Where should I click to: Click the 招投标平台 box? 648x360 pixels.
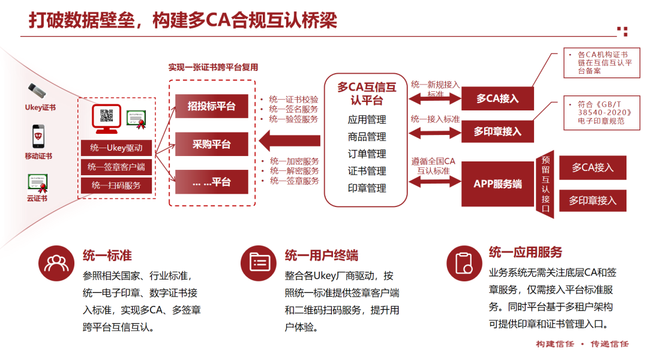[x=212, y=106]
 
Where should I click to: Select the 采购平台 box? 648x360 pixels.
[x=212, y=144]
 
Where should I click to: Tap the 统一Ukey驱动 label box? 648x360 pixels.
[x=116, y=148]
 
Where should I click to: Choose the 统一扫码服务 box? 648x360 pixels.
[x=116, y=185]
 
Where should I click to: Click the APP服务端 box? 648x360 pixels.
[x=497, y=184]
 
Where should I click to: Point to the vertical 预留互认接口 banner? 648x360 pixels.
[x=545, y=184]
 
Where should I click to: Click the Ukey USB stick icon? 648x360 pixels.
[x=37, y=90]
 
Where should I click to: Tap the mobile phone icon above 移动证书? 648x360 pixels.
[x=38, y=136]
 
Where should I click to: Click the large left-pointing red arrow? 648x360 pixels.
[x=289, y=141]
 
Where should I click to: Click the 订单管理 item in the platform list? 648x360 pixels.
[x=367, y=154]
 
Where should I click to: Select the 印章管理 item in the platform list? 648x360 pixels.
[x=367, y=188]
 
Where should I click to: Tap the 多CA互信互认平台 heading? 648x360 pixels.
[x=367, y=94]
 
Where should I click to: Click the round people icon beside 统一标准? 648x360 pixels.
[x=56, y=263]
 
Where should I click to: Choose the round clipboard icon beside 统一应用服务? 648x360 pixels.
[x=464, y=263]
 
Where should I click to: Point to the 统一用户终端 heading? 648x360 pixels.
[x=322, y=256]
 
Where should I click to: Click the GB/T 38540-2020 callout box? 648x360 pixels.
[x=602, y=113]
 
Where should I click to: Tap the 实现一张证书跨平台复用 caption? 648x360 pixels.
[x=213, y=67]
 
